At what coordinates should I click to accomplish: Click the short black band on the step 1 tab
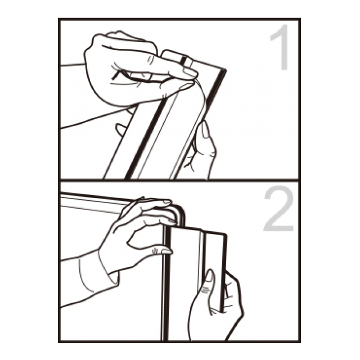click(x=183, y=61)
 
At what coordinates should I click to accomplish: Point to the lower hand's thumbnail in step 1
click(x=205, y=130)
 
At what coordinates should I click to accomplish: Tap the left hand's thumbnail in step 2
click(x=166, y=251)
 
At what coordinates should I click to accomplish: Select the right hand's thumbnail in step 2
click(x=208, y=276)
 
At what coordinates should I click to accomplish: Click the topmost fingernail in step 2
click(x=167, y=202)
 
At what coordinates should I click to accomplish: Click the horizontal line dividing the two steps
click(x=179, y=180)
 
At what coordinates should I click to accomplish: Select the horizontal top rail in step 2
click(x=94, y=201)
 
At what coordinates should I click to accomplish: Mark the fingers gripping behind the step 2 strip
click(x=233, y=296)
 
